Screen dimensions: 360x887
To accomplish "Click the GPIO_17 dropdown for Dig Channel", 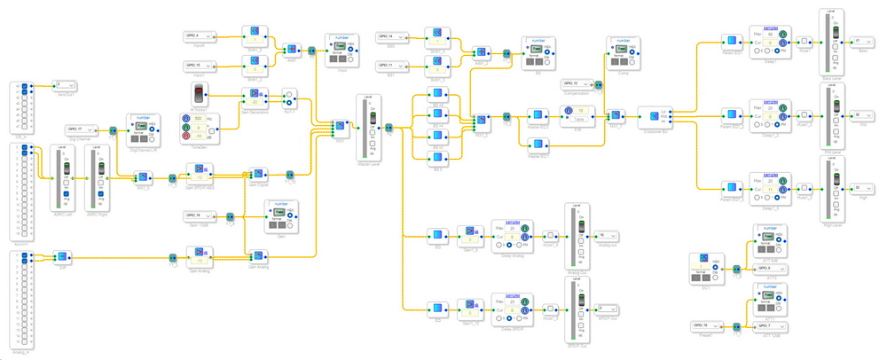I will click(x=82, y=129).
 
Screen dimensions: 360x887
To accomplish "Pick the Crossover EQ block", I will click(x=655, y=116).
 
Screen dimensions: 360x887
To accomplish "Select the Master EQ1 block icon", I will click(x=535, y=116).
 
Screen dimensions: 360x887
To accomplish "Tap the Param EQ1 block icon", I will click(x=729, y=41).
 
